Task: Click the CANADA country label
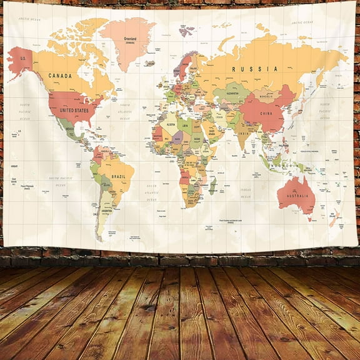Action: click(x=60, y=76)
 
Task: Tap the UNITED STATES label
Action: click(x=74, y=110)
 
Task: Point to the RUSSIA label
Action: click(x=246, y=69)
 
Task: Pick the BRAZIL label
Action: click(x=119, y=177)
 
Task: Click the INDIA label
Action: click(x=244, y=134)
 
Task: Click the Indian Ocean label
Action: click(x=246, y=191)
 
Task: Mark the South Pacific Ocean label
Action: click(x=59, y=181)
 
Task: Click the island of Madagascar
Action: click(x=213, y=185)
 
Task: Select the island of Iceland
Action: click(x=149, y=63)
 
